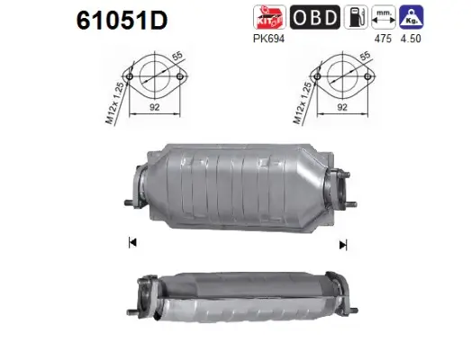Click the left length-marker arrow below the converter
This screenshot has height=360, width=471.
(x=132, y=242)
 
